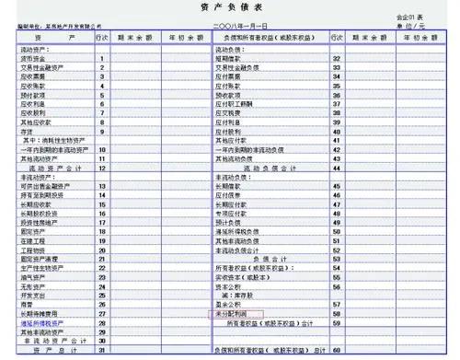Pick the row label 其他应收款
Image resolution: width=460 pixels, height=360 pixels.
(x=31, y=120)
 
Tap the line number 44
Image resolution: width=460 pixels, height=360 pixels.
(x=336, y=168)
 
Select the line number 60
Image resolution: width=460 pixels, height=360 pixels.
(x=336, y=351)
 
